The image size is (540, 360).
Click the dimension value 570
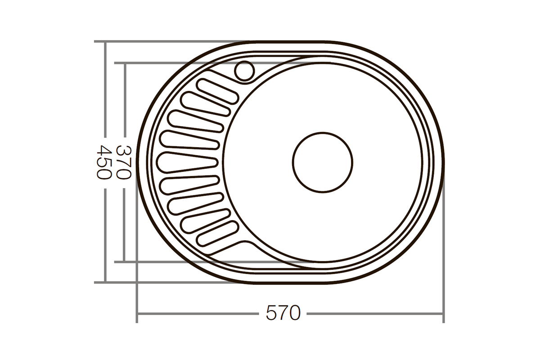[x=283, y=313]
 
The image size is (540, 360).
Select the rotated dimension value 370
[x=124, y=162]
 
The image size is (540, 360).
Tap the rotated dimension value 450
[x=104, y=162]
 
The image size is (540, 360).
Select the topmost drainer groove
[x=218, y=91]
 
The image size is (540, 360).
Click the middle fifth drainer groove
[x=188, y=162]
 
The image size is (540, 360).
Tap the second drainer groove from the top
[x=205, y=104]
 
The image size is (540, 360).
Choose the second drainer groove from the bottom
[x=205, y=221]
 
